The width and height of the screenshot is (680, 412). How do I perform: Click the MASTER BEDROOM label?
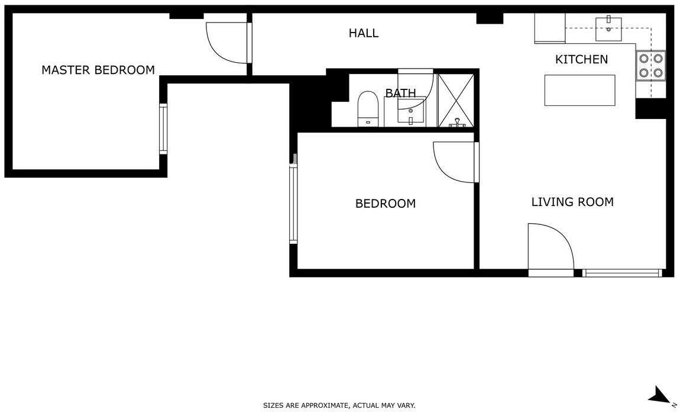click(x=98, y=70)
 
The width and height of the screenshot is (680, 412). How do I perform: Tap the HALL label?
click(x=364, y=33)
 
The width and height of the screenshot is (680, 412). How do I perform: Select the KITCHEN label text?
click(x=582, y=59)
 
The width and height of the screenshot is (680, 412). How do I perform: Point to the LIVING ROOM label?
click(x=572, y=202)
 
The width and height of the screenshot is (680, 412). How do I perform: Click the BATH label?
click(x=400, y=93)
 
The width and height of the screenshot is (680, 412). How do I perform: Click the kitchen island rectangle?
click(x=580, y=91)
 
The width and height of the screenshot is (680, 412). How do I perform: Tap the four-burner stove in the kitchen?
click(x=651, y=66)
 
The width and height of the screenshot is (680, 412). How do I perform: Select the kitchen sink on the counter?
click(x=608, y=29)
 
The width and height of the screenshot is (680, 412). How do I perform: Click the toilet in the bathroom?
click(x=368, y=109)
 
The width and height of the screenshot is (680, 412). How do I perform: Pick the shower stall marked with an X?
click(x=455, y=101)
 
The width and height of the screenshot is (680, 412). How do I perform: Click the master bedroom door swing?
click(x=227, y=43)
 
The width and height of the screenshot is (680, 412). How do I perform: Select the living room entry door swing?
click(x=551, y=250)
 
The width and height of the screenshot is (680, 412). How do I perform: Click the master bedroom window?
click(x=163, y=129)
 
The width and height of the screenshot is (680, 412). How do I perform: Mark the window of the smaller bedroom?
click(x=294, y=204)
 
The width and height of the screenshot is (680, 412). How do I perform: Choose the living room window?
click(x=622, y=273)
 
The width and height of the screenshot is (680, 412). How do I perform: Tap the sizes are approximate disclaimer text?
click(x=339, y=405)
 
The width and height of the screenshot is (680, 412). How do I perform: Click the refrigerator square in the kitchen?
click(x=550, y=28)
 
